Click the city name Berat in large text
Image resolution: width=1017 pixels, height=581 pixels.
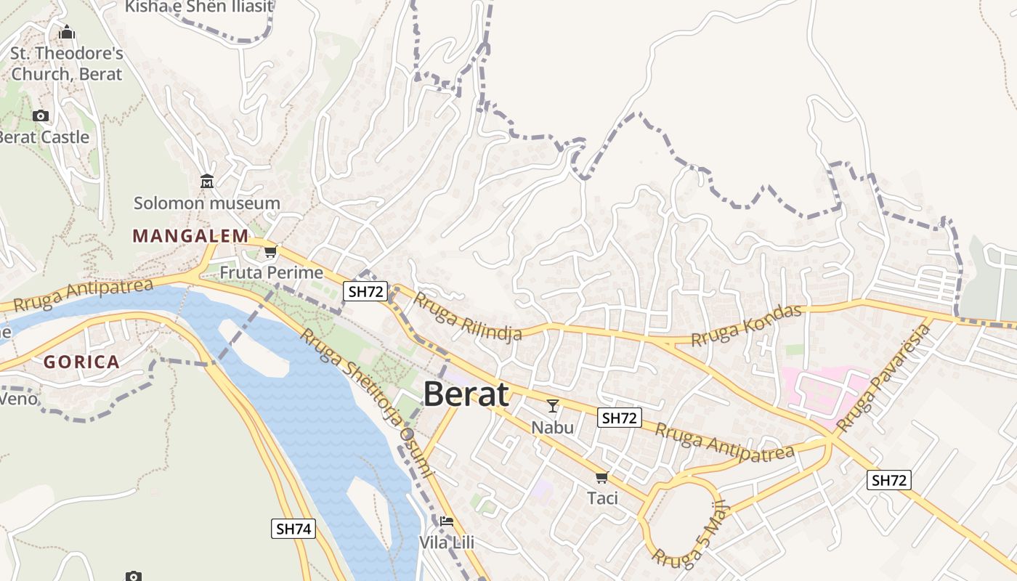466,394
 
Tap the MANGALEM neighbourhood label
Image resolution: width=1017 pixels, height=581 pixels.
190,236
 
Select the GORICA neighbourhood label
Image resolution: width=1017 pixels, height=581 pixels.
81,362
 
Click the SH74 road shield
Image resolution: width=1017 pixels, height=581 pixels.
294,529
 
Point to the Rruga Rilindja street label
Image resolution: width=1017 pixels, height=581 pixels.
468,317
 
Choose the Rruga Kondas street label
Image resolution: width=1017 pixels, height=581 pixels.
746,325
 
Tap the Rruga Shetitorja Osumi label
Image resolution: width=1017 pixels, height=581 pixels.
366,403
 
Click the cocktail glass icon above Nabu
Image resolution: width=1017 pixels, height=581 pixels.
553,406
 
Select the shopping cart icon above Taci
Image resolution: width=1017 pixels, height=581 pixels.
601,477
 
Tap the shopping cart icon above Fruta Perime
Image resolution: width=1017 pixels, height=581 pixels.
271,252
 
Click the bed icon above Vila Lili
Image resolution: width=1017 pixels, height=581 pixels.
447,521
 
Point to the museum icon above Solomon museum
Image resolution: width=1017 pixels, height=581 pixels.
207,182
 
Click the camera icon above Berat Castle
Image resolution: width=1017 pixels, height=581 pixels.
41,115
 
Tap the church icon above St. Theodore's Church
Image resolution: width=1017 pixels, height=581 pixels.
67,33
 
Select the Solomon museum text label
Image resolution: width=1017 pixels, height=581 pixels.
207,203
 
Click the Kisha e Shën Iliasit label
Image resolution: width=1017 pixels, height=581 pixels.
198,7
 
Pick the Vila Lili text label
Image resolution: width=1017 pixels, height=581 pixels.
447,543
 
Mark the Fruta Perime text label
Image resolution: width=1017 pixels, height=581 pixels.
271,273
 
